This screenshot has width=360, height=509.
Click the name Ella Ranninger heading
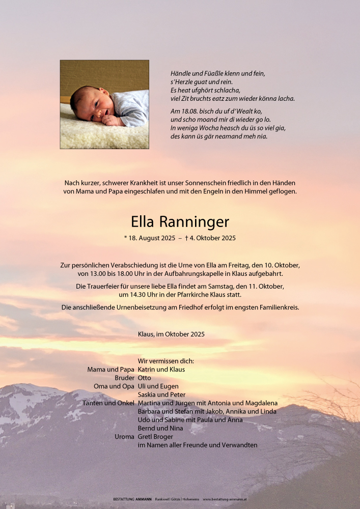point(180,222)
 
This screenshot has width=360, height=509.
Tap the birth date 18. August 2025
point(152,238)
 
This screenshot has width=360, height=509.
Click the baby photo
point(104,104)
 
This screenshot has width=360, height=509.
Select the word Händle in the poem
point(181,73)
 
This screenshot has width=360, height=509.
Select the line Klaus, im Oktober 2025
point(171,334)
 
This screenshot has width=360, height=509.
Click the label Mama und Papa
point(111,370)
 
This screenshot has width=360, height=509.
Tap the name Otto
point(145,378)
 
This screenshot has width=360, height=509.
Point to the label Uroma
point(125,437)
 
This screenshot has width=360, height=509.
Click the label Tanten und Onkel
point(108,403)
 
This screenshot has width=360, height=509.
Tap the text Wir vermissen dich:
point(165,361)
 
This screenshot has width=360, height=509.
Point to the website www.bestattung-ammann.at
point(225,500)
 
